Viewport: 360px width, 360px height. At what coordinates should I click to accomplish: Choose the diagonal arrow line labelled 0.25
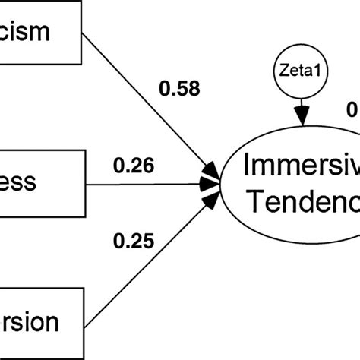pyautogui.click(x=144, y=262)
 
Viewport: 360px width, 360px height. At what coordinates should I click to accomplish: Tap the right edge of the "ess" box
pyautogui.click(x=87, y=183)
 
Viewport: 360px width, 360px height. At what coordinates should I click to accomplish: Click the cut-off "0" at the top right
pyautogui.click(x=353, y=111)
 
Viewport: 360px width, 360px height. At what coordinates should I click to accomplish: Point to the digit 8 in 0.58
pyautogui.click(x=194, y=90)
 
